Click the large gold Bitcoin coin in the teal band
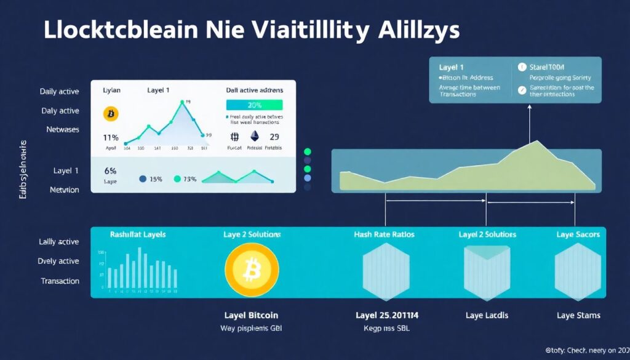coord(252,268)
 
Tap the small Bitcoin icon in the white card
coord(111,114)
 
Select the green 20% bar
coord(254,105)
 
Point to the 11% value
coord(111,137)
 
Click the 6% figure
coord(111,170)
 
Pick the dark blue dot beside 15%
coord(143,179)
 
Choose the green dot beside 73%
coord(178,179)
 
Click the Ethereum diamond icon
coord(254,137)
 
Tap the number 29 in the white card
coord(274,137)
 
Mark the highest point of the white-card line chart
coord(183,105)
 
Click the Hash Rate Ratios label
coord(384,234)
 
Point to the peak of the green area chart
coord(538,142)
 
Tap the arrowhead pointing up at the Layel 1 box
coord(529,107)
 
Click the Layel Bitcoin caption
coord(251,316)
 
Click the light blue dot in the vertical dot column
coord(308,178)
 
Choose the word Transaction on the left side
coord(60,281)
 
